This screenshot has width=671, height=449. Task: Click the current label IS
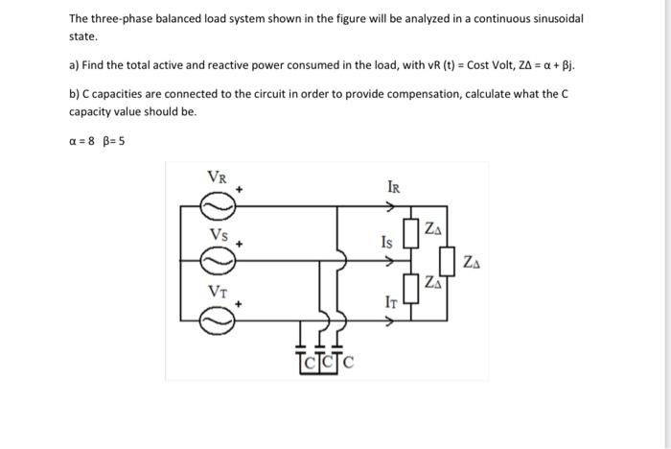[x=386, y=242]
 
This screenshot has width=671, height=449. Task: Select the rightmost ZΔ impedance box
[x=448, y=260]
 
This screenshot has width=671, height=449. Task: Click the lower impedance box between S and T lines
[x=410, y=287]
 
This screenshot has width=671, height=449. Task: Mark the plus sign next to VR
[x=241, y=190]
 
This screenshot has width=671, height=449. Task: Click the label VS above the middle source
[x=220, y=234]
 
